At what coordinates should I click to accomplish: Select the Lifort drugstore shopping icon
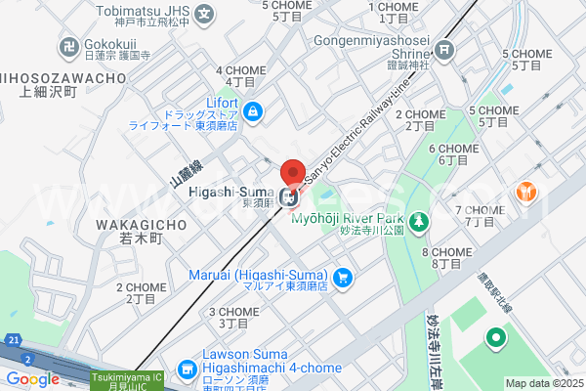[253, 112]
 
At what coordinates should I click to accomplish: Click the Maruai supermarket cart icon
[342, 279]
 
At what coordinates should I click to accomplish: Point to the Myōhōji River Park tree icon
[418, 223]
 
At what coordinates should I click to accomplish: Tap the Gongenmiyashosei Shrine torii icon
[444, 49]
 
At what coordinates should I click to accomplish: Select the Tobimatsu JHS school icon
[204, 15]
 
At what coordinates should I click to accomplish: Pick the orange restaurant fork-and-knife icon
[527, 193]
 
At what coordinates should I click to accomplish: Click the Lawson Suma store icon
[187, 370]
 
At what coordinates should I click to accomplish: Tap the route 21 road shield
[12, 338]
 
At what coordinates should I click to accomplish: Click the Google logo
[32, 379]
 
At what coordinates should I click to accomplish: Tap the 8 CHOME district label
[447, 258]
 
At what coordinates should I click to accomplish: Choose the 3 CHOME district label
[233, 317]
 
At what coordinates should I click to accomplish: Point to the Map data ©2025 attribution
[543, 383]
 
